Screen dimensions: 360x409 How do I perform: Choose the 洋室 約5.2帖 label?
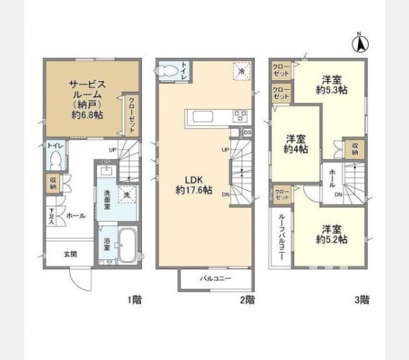(330, 234)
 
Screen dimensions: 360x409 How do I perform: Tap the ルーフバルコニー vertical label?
(281, 237)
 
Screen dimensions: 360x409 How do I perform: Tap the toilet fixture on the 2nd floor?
(169, 70)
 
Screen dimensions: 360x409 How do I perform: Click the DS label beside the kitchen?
(248, 133)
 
